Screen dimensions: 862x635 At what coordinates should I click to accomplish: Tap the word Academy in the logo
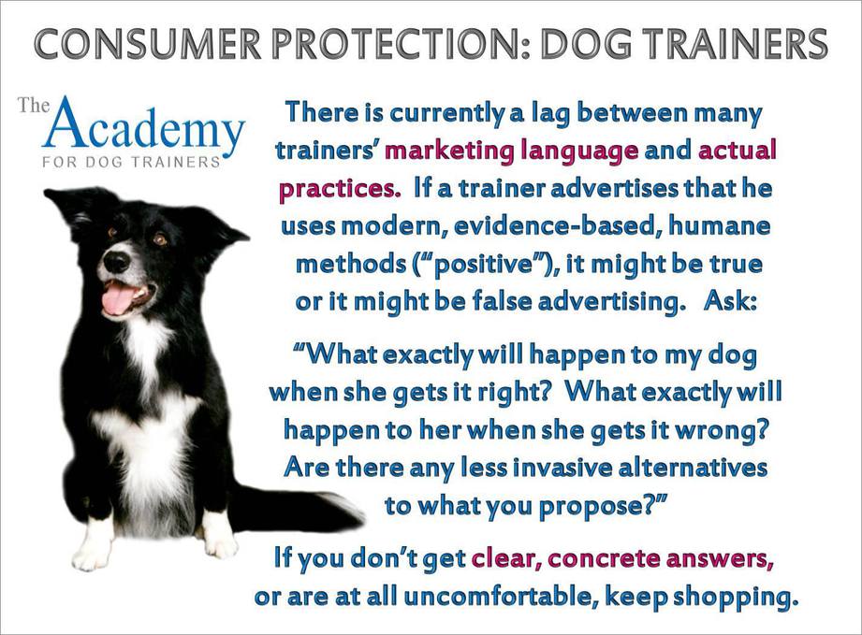click(x=144, y=125)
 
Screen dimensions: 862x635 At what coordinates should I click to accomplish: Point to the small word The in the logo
click(x=34, y=105)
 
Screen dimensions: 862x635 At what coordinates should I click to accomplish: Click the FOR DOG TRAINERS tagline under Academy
click(x=131, y=163)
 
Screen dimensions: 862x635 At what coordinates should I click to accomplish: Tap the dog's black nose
click(x=117, y=262)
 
